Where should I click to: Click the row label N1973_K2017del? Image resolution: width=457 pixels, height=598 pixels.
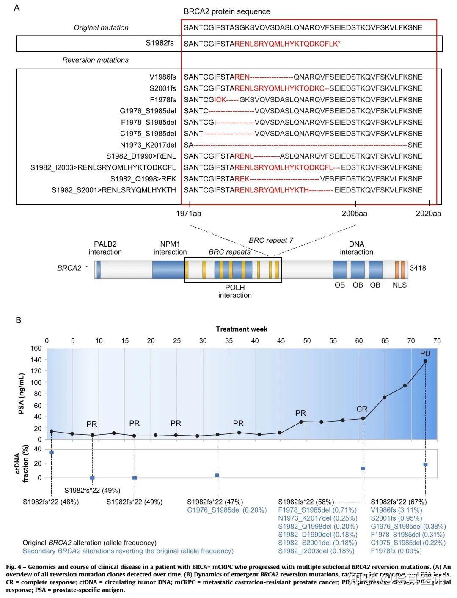(x=148, y=145)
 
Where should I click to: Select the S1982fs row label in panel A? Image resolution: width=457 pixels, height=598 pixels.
(x=160, y=43)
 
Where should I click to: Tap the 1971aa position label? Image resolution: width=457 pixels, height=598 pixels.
(x=189, y=214)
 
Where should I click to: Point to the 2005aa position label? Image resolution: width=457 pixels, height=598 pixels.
(x=355, y=214)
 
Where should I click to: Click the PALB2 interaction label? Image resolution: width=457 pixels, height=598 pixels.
(x=105, y=248)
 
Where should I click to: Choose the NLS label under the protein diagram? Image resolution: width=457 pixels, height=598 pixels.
(x=399, y=285)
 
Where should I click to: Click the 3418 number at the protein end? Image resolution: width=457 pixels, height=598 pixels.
(x=418, y=268)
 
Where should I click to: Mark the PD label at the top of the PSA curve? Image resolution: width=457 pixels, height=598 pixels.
(x=425, y=353)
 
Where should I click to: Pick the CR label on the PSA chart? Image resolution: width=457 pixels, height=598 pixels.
(x=362, y=409)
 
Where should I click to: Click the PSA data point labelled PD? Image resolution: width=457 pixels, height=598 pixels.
(x=425, y=361)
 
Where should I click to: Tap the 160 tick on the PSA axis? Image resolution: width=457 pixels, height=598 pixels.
(x=36, y=348)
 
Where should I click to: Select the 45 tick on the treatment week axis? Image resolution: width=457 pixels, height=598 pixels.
(x=281, y=340)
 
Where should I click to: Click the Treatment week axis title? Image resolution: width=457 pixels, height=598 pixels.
(x=242, y=329)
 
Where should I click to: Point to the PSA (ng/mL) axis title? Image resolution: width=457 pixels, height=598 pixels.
(x=22, y=394)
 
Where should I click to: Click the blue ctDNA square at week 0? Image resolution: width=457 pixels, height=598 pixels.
(x=52, y=453)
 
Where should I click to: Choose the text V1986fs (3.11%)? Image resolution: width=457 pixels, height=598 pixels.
(x=396, y=510)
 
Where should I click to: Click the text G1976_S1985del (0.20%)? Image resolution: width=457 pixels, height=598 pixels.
(x=227, y=510)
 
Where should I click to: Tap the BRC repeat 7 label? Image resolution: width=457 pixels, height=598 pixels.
(x=271, y=240)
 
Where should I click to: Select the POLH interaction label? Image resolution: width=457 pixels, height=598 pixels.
(x=235, y=291)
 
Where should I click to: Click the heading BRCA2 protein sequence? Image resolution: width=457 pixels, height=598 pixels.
(x=227, y=11)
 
